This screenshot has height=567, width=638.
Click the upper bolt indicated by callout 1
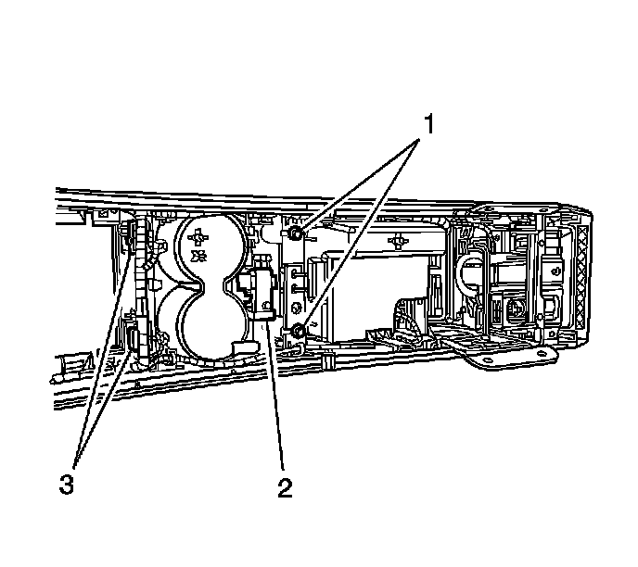coord(294,234)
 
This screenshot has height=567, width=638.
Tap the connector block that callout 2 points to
coord(258,295)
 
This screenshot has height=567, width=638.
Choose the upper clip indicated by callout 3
coord(129,236)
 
